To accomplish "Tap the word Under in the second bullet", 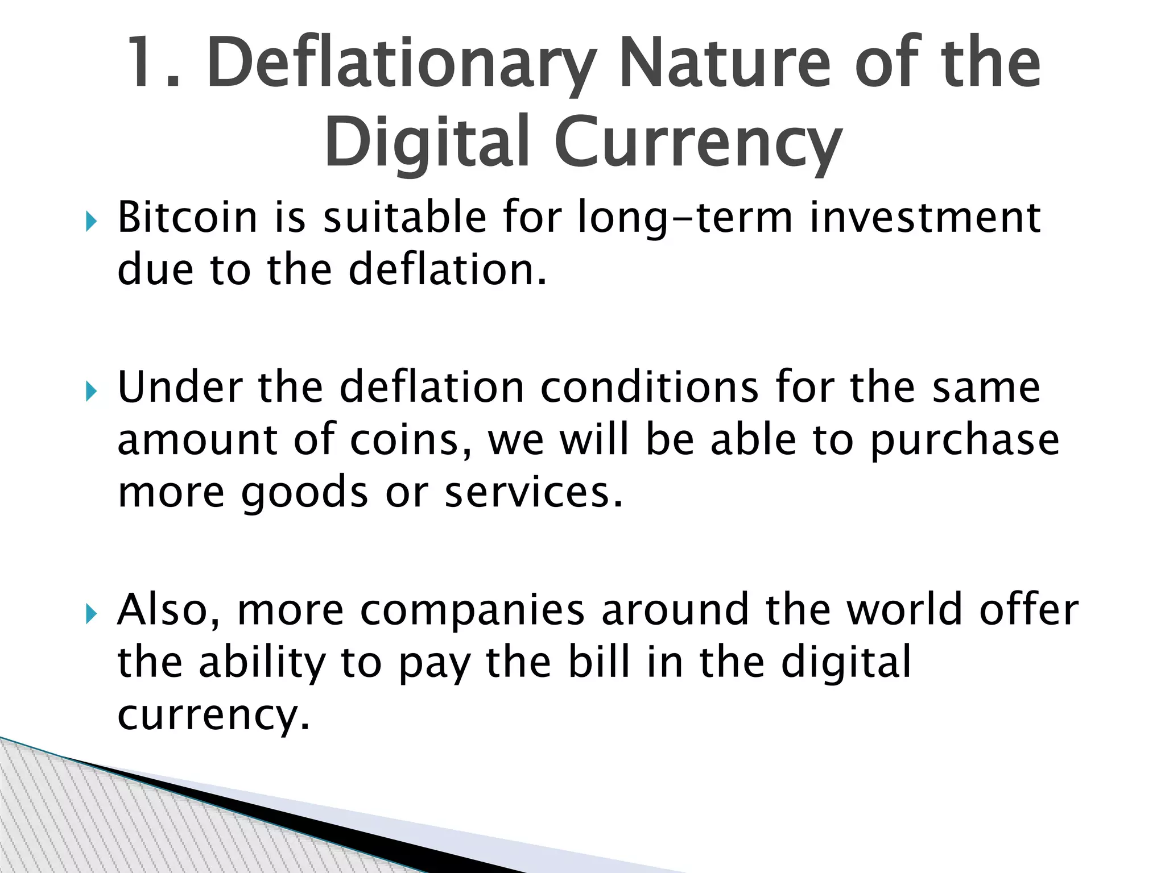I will coord(180,388).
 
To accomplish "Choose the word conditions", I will coord(648,388).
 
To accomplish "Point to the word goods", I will coord(305,493).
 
